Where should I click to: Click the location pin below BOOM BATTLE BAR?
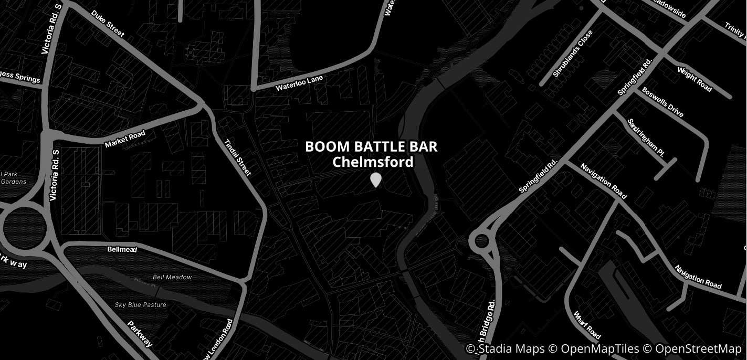(x=375, y=179)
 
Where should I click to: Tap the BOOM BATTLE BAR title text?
(x=371, y=147)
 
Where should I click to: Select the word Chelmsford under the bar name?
(x=373, y=162)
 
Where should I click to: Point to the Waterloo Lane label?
(x=300, y=83)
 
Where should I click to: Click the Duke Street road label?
(x=108, y=24)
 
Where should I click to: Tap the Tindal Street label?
(x=238, y=157)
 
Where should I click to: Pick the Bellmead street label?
(x=122, y=249)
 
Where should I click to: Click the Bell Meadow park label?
(x=172, y=277)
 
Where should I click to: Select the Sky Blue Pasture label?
(x=141, y=305)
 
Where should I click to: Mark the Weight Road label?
(x=695, y=79)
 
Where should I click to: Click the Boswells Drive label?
(x=662, y=102)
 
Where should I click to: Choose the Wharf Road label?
(x=587, y=325)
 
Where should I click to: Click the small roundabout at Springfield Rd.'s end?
(x=482, y=242)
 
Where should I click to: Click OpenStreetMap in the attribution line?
(x=698, y=349)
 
